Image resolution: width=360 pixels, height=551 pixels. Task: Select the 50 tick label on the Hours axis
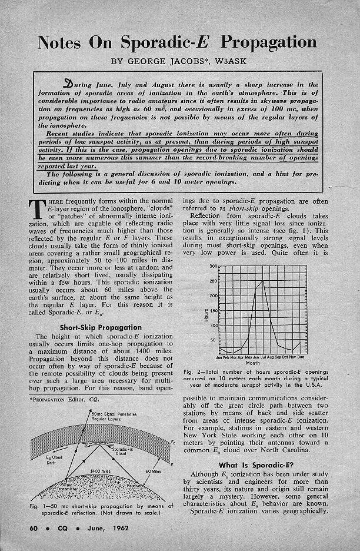click(x=214, y=340)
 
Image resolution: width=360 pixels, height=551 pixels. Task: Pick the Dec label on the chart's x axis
click(x=301, y=357)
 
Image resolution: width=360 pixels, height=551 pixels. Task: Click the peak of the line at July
click(x=262, y=281)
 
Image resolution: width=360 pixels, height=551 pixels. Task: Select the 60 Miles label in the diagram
click(x=152, y=472)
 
